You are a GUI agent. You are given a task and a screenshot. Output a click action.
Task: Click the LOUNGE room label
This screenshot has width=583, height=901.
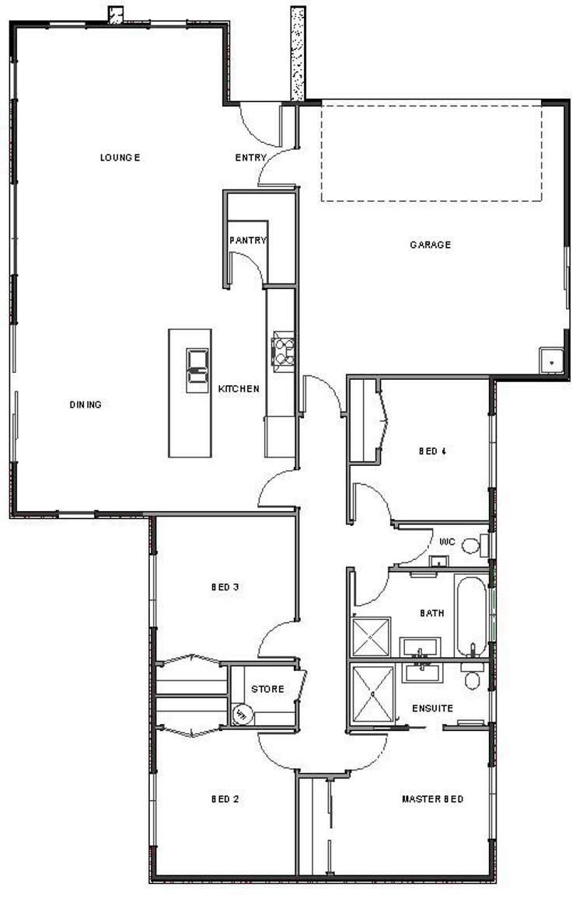(120, 158)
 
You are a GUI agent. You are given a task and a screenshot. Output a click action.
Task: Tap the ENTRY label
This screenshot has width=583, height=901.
(251, 158)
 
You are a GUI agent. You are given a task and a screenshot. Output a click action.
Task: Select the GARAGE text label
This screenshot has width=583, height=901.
(431, 245)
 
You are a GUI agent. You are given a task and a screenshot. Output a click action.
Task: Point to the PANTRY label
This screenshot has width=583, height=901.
(248, 241)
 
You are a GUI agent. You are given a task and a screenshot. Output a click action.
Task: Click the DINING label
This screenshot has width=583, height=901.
(86, 405)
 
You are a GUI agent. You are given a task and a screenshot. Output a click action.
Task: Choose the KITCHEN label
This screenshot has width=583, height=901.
(239, 389)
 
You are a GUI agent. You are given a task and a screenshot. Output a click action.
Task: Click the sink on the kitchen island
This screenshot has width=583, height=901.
(197, 370)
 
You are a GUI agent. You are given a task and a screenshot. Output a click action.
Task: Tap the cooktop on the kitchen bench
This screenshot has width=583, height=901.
(283, 349)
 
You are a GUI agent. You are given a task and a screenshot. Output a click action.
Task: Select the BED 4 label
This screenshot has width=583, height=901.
(431, 450)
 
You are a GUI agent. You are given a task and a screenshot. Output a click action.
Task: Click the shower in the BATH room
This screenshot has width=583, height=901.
(372, 637)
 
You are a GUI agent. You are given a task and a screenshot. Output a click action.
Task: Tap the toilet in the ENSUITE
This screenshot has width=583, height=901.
(472, 678)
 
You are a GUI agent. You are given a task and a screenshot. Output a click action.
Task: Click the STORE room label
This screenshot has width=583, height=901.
(267, 689)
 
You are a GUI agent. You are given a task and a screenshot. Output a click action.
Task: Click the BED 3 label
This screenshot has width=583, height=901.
(225, 587)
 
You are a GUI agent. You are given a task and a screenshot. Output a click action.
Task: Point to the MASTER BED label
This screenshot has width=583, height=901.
(432, 799)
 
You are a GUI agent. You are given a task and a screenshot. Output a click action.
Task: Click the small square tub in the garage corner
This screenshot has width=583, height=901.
(551, 360)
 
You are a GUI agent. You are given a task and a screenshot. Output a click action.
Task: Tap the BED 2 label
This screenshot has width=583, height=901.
(225, 799)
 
